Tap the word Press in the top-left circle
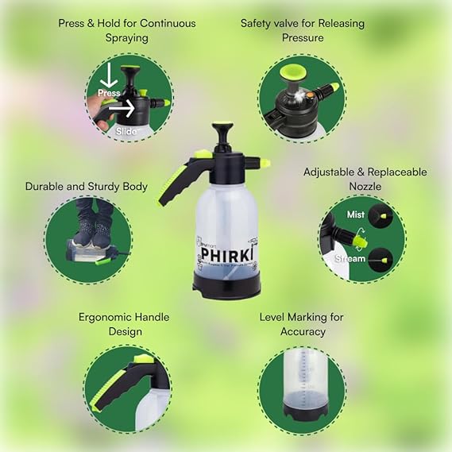click(109, 93)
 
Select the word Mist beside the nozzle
click(356, 214)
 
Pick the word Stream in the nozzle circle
click(350, 258)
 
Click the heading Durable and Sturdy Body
click(86, 187)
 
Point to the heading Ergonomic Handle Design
click(123, 324)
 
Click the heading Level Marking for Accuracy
click(302, 324)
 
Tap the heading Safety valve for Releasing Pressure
click(302, 30)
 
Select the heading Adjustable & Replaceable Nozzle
click(365, 179)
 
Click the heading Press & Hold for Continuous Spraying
click(126, 30)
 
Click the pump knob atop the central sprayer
click(222, 128)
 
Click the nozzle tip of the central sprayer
click(265, 164)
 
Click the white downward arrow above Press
click(106, 76)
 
